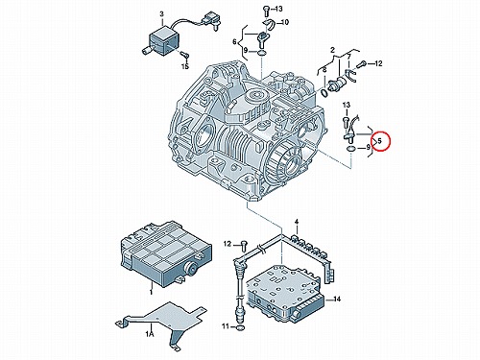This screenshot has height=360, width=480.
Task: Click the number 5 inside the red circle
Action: (379, 140)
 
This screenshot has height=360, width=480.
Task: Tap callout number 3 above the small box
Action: (161, 14)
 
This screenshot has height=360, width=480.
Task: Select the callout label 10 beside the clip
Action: (284, 22)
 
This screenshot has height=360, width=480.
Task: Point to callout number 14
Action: (336, 300)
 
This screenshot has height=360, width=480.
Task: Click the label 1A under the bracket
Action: (150, 334)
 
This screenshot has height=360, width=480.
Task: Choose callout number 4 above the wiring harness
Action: (297, 222)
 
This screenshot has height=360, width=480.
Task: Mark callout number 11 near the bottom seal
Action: (227, 326)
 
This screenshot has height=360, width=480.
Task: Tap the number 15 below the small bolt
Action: (185, 66)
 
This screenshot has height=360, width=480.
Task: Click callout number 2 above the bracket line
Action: (333, 50)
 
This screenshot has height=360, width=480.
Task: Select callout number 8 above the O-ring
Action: (324, 69)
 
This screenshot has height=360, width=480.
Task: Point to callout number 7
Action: (349, 57)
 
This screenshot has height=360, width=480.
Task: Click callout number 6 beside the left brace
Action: (234, 41)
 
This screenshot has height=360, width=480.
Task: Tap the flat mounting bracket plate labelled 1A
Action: (160, 324)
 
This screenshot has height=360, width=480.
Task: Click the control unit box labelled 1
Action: (166, 252)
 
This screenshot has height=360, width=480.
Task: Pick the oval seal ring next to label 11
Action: (241, 327)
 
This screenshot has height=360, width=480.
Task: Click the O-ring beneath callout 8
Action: (324, 93)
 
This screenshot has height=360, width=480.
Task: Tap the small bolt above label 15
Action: (183, 55)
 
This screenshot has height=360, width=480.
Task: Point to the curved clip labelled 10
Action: (268, 24)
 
